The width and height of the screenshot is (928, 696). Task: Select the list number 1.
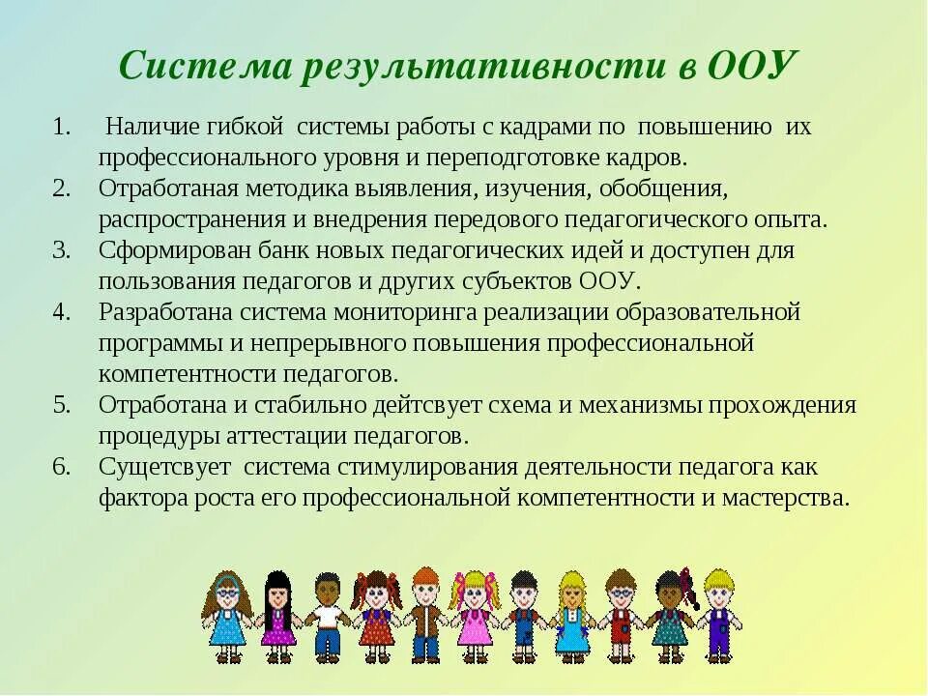[x=62, y=127]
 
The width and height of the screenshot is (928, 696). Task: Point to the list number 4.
[x=62, y=312]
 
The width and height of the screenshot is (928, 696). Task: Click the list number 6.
[x=62, y=467]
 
